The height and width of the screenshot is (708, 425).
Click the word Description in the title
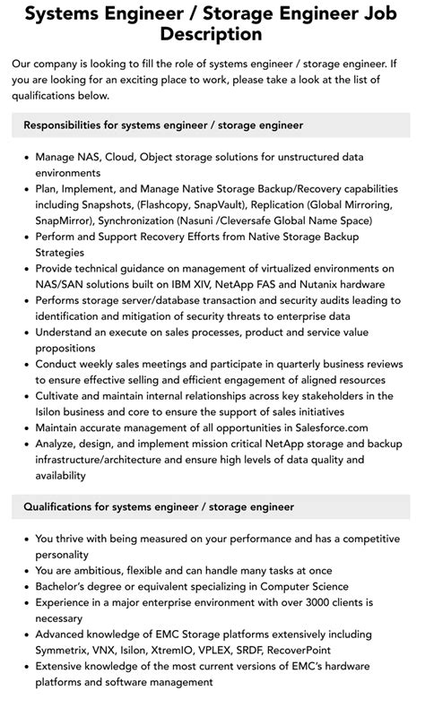[x=212, y=34]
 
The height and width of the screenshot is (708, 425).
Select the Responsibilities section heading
[x=163, y=125]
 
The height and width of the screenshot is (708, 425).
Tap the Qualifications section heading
[x=159, y=507]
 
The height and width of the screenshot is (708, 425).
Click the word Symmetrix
[x=65, y=650]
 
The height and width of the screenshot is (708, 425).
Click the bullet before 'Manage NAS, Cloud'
[x=25, y=157]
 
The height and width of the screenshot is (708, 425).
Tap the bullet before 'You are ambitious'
[x=25, y=570]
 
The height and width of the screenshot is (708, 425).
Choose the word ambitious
[x=107, y=570]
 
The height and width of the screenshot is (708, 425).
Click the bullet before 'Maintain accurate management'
[x=25, y=428]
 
